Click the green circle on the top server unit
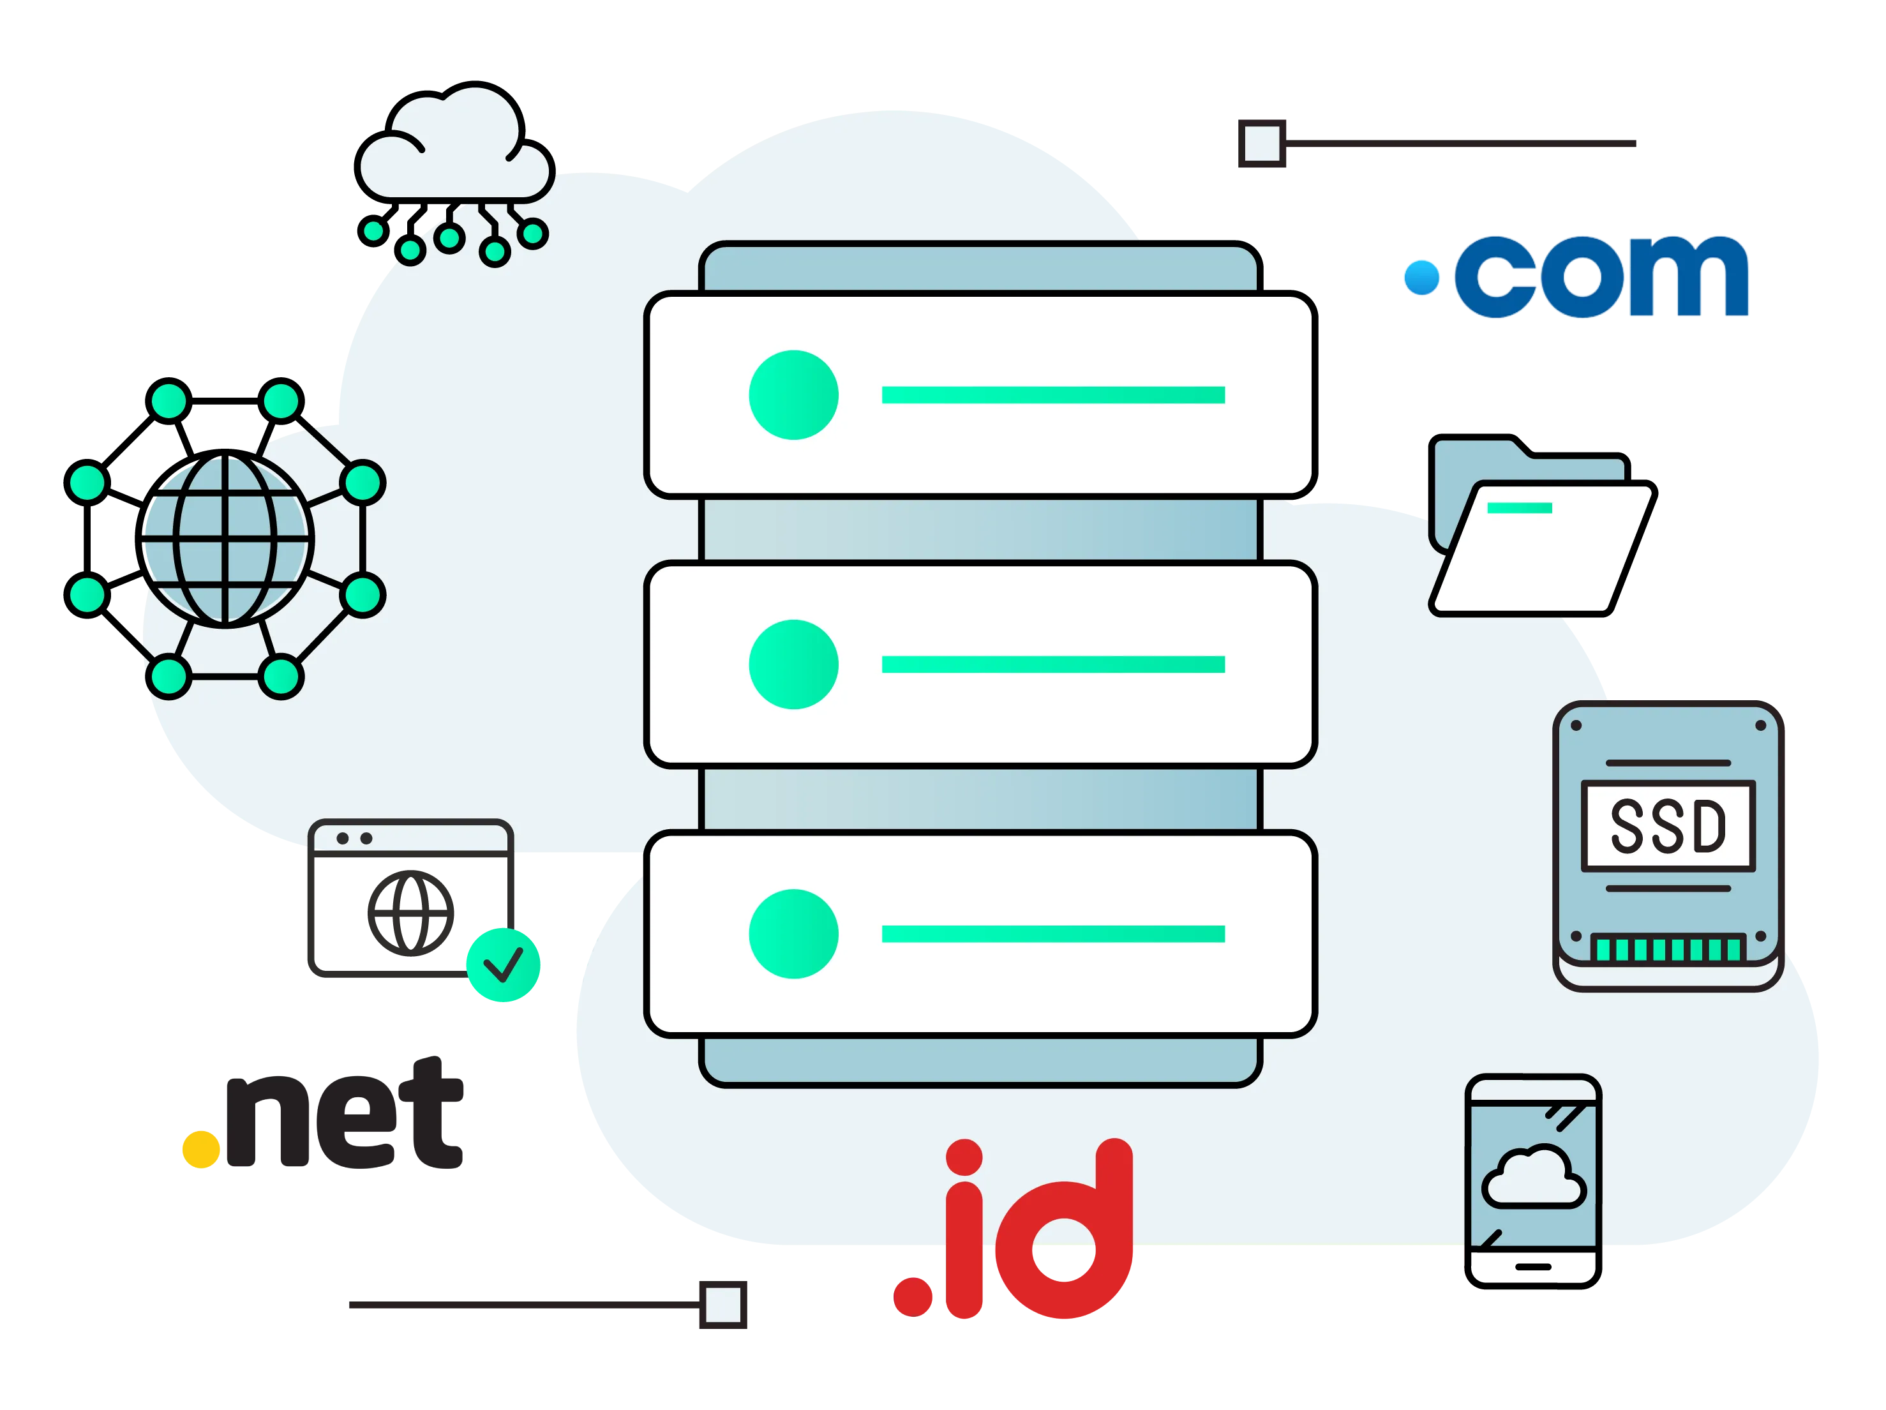click(x=793, y=394)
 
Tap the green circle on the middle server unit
click(x=793, y=664)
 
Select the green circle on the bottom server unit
click(x=793, y=933)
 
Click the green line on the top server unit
click(x=1053, y=394)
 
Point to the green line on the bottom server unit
click(x=1053, y=933)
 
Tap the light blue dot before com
click(x=1421, y=278)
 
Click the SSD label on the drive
click(x=1668, y=825)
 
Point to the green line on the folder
click(x=1520, y=508)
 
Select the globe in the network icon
click(x=227, y=541)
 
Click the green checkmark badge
click(x=502, y=965)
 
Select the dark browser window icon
click(x=410, y=899)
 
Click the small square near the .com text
click(x=1262, y=143)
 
